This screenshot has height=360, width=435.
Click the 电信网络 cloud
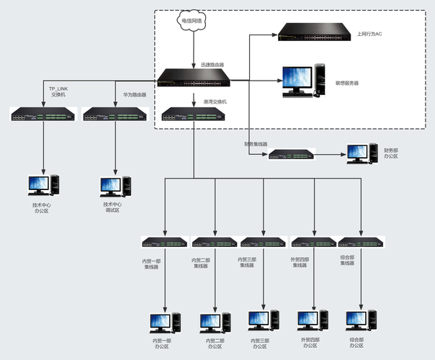(192, 22)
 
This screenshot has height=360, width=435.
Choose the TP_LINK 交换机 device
(42, 113)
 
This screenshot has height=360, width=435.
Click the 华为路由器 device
(115, 113)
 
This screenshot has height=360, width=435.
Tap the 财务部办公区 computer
(358, 153)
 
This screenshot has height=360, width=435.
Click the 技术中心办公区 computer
(42, 185)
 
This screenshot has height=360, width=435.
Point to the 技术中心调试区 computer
(115, 185)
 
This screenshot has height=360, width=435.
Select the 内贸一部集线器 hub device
(165, 243)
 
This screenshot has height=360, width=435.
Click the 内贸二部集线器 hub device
(215, 243)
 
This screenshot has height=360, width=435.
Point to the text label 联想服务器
(347, 83)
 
